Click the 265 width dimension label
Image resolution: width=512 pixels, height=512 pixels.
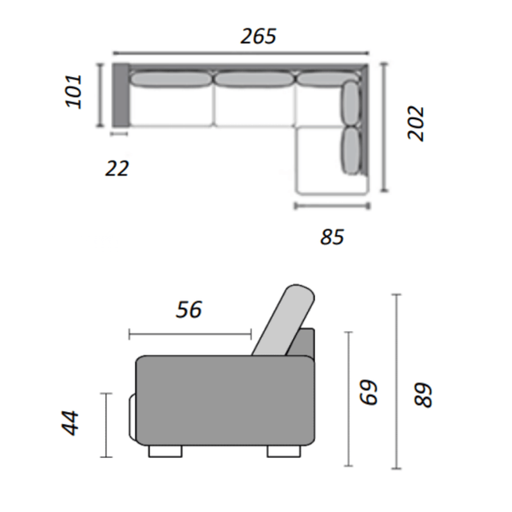coord(258,36)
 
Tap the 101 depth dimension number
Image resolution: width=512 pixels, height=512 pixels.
coord(74,91)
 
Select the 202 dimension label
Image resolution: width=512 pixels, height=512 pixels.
coord(416,123)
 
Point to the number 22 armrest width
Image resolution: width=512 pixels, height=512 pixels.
coord(117,168)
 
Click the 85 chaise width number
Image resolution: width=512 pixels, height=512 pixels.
coord(332,237)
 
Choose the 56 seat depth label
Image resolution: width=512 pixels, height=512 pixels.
coord(189,310)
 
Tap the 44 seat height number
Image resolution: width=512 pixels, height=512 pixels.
coord(70,423)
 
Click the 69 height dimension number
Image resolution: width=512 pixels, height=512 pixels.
coord(368,392)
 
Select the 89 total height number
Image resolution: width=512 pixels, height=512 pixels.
coord(423,395)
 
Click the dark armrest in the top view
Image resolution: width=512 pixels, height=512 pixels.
coord(121,94)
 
